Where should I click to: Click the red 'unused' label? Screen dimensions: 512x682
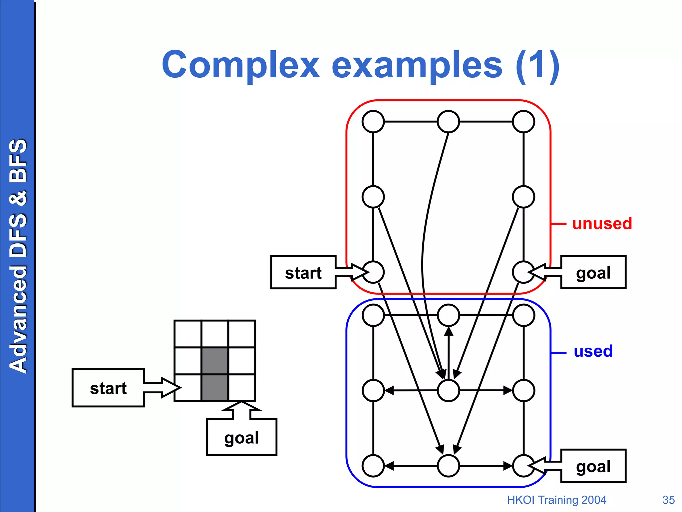tap(602, 223)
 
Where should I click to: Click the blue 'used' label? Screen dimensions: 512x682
tap(593, 351)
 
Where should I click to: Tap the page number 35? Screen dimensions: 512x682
tap(668, 500)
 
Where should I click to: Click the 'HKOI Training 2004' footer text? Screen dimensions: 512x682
tap(556, 500)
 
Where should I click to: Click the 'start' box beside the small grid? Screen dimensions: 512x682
tap(108, 388)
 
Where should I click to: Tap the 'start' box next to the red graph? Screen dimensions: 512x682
tap(303, 272)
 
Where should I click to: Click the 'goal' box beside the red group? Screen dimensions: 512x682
tap(593, 272)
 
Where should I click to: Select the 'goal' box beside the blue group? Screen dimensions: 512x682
tap(593, 466)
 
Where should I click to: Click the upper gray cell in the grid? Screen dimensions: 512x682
tap(215, 361)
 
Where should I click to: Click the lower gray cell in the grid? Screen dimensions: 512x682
tap(215, 388)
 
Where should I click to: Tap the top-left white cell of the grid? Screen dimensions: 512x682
tap(188, 334)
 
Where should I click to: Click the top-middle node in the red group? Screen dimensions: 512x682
tap(448, 122)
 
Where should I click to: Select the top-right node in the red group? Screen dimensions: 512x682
tap(523, 122)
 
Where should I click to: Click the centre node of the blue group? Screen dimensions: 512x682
tap(448, 390)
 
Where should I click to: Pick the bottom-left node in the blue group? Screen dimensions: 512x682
tap(373, 466)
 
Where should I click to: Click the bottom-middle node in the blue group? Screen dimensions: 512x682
tap(448, 466)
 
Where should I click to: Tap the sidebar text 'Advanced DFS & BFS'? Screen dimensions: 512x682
tap(18, 256)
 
